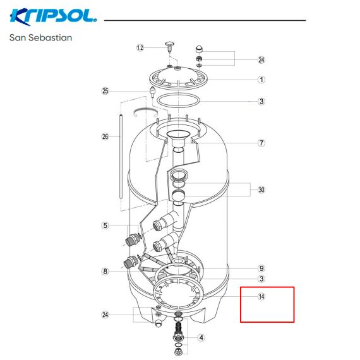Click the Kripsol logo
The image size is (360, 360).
[53, 17]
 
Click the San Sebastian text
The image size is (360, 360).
[40, 38]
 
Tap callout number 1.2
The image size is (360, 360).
[140, 48]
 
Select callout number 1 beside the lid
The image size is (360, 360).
[261, 80]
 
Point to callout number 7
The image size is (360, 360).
[261, 143]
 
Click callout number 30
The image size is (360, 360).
[261, 189]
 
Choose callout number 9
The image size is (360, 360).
[261, 268]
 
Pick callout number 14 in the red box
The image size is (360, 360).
[261, 296]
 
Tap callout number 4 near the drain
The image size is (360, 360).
[201, 337]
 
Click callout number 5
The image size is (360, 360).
[105, 225]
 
